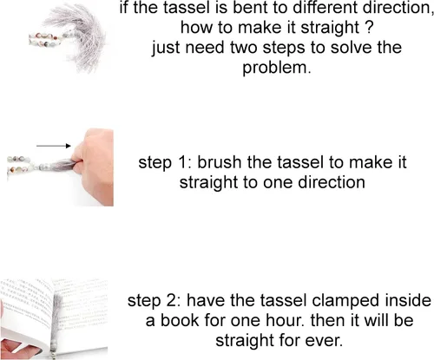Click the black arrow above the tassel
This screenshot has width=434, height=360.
click(54, 146)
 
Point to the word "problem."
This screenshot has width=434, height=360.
click(277, 69)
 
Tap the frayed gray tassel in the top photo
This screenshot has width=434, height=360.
click(84, 37)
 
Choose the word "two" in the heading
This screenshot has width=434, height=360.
click(244, 49)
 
